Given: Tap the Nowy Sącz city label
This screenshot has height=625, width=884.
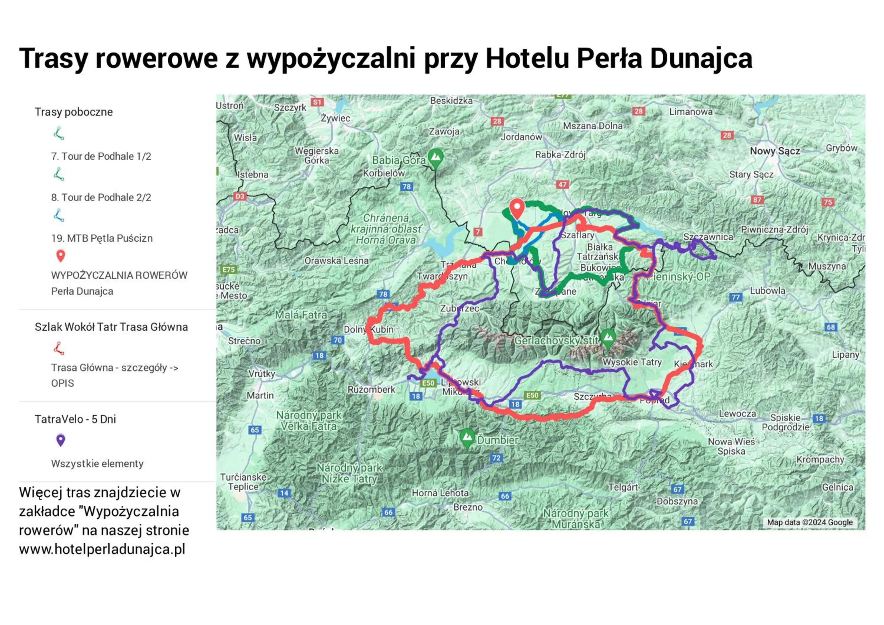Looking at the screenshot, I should tap(775, 151).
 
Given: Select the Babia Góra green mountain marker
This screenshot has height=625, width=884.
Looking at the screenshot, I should tap(436, 157).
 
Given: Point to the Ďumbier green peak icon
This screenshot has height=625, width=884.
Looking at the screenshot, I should tap(467, 438).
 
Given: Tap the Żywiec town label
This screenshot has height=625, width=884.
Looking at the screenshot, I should tap(335, 118).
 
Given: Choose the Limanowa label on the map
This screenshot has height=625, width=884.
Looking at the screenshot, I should tap(691, 112).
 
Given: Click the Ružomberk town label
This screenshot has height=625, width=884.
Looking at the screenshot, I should tap(371, 389).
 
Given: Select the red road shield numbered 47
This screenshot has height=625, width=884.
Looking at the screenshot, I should tap(563, 185).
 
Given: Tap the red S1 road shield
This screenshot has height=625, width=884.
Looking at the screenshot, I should tap(317, 102).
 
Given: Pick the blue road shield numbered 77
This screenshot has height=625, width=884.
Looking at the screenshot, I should tap(736, 297).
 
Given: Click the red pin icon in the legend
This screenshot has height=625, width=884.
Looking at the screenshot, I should tap(60, 256).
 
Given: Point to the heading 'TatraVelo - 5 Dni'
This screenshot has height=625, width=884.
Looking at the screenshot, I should tap(75, 419).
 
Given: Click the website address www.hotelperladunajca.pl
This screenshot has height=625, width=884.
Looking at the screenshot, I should tap(102, 549).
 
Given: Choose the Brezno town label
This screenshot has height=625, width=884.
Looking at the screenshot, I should tap(468, 507).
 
